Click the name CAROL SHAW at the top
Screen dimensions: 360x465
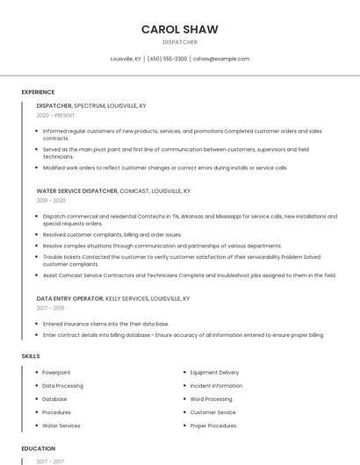pyautogui.click(x=180, y=29)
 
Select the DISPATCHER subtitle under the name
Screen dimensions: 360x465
pyautogui.click(x=180, y=42)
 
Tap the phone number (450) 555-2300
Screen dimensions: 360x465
pyautogui.click(x=167, y=59)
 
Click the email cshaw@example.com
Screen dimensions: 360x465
pyautogui.click(x=221, y=59)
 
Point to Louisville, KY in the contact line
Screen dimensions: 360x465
pyautogui.click(x=126, y=59)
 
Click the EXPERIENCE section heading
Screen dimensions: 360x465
pyautogui.click(x=38, y=92)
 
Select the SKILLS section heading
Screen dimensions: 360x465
pyautogui.click(x=31, y=356)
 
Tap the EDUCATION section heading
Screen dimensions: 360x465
pyautogui.click(x=39, y=448)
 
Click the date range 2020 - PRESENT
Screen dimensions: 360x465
pyautogui.click(x=55, y=115)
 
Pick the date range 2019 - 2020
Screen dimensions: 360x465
pyautogui.click(x=51, y=200)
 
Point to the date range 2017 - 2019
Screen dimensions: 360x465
pyautogui.click(x=50, y=308)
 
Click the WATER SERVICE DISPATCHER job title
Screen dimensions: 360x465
pyautogui.click(x=76, y=190)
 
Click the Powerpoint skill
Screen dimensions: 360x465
pyautogui.click(x=56, y=372)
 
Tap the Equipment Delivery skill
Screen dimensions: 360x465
pyautogui.click(x=214, y=372)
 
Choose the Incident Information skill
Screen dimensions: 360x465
pyautogui.click(x=216, y=386)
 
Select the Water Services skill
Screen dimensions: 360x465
pyautogui.click(x=61, y=426)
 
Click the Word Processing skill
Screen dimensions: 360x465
pyautogui.click(x=211, y=399)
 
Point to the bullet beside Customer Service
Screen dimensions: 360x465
pyautogui.click(x=184, y=412)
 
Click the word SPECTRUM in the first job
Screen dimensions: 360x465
pyautogui.click(x=90, y=105)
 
